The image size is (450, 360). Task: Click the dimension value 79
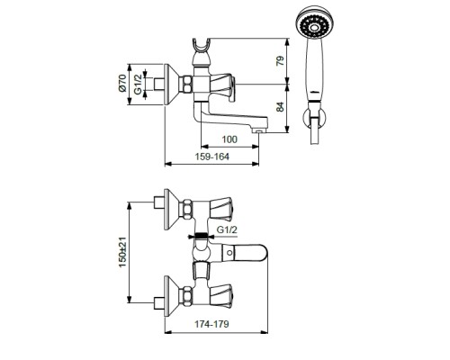point(280,61)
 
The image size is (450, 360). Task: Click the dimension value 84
point(280,107)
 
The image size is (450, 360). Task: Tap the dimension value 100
point(229,139)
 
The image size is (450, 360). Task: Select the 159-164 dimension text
point(212,157)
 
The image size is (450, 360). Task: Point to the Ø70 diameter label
point(122,83)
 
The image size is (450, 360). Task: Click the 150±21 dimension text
point(122,252)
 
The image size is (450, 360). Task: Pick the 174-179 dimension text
point(211,324)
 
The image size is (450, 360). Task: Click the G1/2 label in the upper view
point(138,85)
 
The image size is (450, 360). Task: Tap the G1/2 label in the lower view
point(227,229)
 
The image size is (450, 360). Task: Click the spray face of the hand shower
point(314,23)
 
